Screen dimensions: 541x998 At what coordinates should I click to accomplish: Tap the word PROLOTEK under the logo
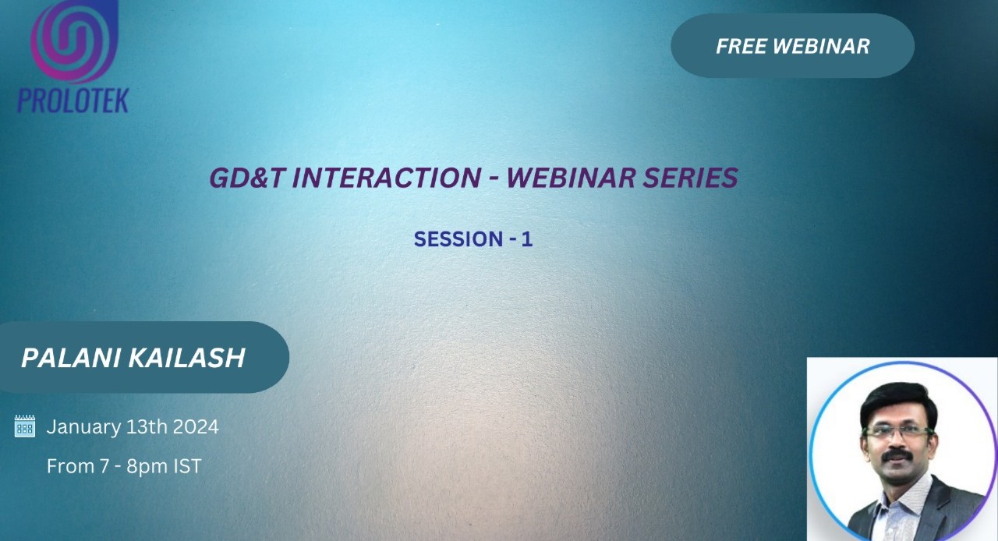click(x=73, y=100)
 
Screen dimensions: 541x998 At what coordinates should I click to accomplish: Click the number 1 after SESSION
click(x=527, y=239)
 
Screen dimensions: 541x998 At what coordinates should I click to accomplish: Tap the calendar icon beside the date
click(x=25, y=426)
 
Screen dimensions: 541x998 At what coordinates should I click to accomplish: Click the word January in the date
click(x=83, y=427)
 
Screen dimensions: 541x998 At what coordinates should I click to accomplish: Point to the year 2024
click(x=196, y=427)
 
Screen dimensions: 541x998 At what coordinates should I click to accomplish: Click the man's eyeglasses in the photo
click(x=898, y=430)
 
